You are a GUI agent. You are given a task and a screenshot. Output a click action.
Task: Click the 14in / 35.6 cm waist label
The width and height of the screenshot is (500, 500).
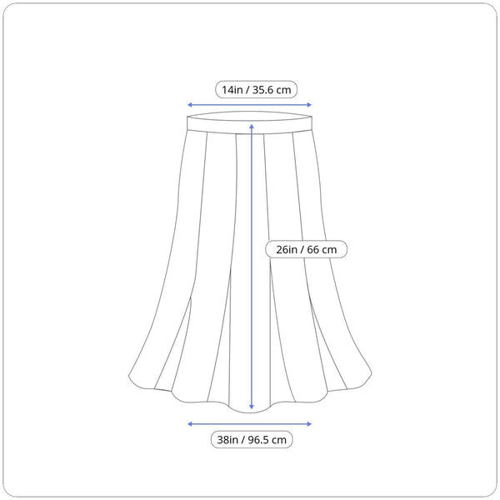(256, 90)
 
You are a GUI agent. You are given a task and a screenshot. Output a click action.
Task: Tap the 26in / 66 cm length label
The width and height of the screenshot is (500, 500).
(306, 249)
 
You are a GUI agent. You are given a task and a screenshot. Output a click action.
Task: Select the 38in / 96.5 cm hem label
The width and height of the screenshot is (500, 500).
(252, 440)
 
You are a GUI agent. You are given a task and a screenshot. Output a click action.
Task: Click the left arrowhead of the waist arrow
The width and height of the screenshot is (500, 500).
(189, 105)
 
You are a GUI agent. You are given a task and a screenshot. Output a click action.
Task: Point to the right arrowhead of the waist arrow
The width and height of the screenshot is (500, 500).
(309, 105)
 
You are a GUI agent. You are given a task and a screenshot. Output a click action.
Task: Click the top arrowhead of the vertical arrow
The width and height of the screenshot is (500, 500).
(252, 127)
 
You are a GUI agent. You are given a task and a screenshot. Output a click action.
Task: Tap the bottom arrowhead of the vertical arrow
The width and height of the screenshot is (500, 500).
(252, 407)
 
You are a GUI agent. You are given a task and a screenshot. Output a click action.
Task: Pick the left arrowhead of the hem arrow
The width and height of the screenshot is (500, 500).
(189, 424)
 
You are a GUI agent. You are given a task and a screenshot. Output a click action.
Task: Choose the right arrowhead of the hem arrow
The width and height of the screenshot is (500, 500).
(309, 424)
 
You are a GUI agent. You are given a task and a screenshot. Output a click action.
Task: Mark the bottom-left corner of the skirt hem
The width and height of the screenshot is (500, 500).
(129, 377)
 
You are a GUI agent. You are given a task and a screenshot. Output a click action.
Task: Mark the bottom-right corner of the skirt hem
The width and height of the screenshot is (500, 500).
(372, 373)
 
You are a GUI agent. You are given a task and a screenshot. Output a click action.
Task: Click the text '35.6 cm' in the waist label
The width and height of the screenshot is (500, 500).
(272, 90)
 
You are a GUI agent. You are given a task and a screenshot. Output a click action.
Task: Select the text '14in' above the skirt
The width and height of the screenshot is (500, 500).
(232, 90)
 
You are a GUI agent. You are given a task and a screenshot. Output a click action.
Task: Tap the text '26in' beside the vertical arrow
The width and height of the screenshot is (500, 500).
(287, 250)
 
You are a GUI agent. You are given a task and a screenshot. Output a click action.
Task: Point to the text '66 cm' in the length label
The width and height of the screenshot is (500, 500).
(322, 250)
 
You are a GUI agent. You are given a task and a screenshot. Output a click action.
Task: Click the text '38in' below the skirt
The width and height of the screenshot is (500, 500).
(227, 440)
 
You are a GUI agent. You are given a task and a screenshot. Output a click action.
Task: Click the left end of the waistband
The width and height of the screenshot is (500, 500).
(187, 123)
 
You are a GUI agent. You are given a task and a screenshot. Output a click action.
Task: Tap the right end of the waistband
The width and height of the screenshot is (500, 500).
(312, 122)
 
